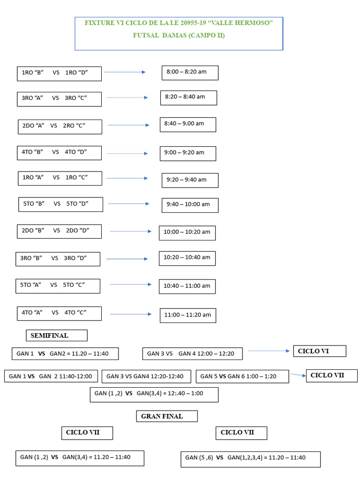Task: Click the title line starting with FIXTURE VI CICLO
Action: (x=178, y=22)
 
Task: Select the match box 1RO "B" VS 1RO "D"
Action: (x=59, y=73)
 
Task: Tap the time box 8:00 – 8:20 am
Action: (x=190, y=73)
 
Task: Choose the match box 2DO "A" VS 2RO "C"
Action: (x=60, y=127)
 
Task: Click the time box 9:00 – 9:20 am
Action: (x=187, y=153)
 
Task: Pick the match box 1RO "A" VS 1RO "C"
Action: (x=60, y=178)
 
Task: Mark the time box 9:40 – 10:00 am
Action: (x=190, y=205)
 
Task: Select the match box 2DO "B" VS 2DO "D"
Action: (x=59, y=231)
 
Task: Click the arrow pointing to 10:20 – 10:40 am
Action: (x=127, y=259)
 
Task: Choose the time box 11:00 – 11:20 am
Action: (x=187, y=315)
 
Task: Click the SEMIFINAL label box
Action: (x=56, y=336)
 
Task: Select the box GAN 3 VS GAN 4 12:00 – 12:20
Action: (x=192, y=353)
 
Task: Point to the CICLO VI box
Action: (x=319, y=351)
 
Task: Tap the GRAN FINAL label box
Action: (x=167, y=416)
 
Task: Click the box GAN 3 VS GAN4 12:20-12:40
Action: (x=146, y=376)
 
